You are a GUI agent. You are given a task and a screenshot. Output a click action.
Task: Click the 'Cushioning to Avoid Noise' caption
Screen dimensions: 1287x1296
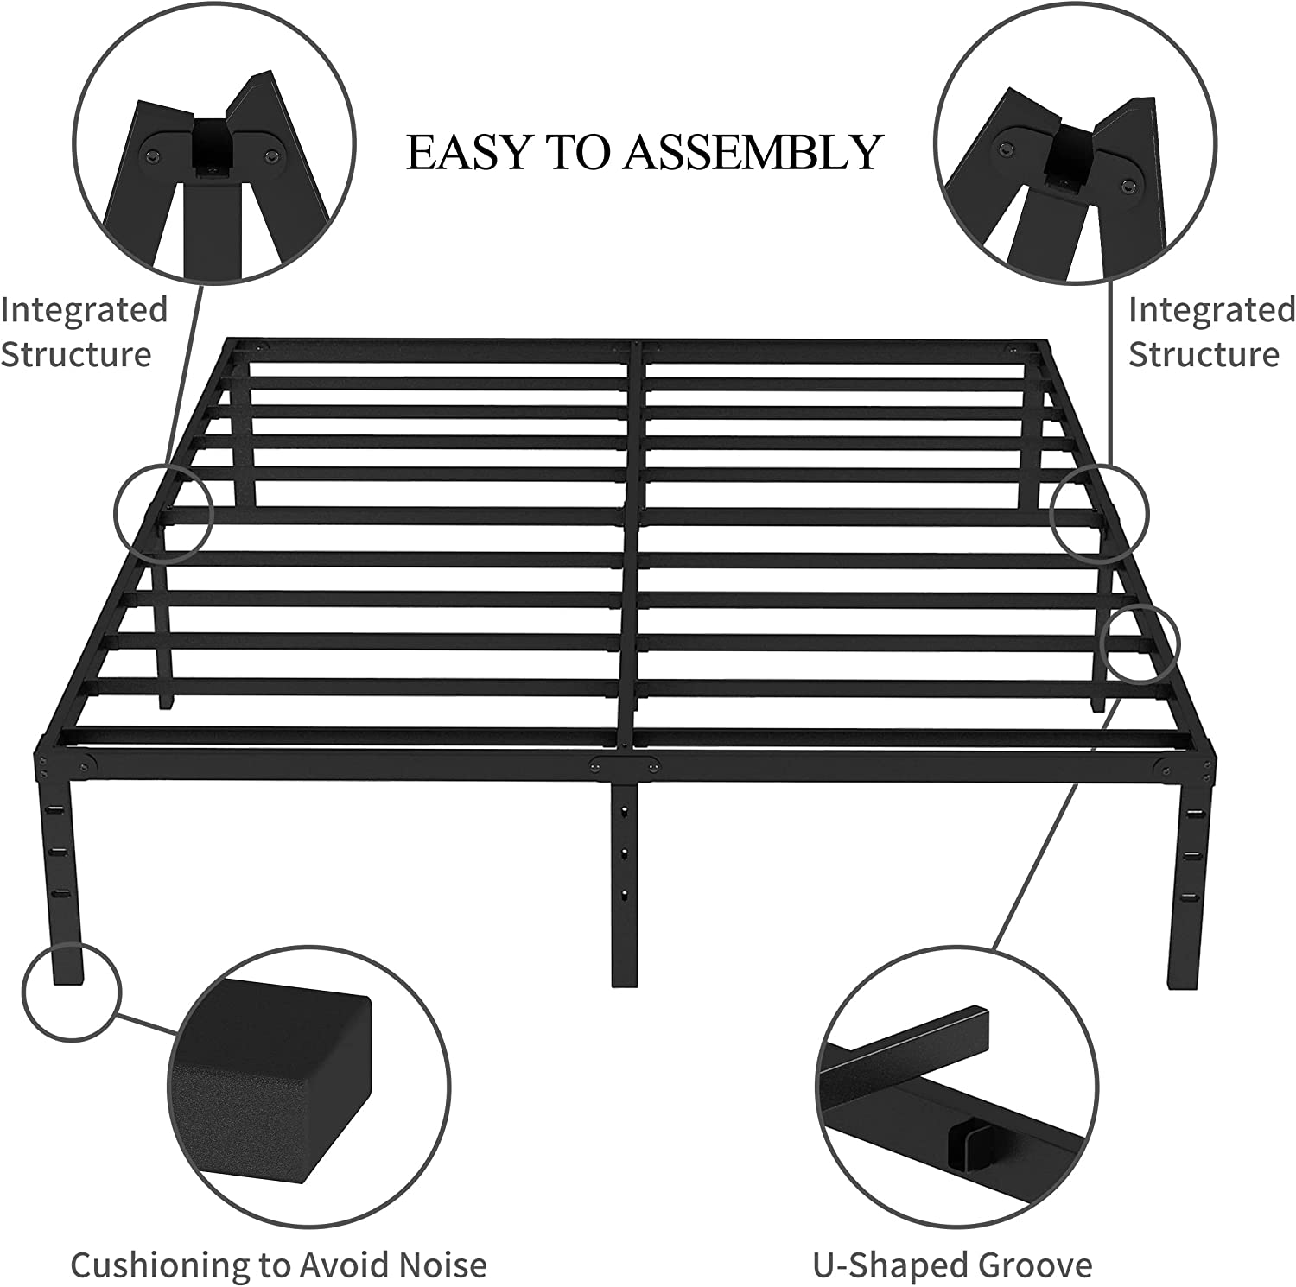pos(278,1265)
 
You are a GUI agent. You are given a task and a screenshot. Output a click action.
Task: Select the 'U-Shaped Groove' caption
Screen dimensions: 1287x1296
pos(952,1265)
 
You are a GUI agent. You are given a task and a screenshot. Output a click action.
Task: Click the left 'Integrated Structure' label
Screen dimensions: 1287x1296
pos(83,332)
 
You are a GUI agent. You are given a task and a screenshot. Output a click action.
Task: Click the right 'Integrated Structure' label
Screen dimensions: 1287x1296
pos(1211,332)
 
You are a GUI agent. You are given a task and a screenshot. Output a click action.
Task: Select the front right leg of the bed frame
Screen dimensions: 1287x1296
pos(1191,872)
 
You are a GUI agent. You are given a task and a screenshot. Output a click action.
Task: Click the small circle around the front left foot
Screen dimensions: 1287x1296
pos(71,992)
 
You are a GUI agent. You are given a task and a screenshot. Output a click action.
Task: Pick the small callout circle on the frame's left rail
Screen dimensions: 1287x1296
pos(163,512)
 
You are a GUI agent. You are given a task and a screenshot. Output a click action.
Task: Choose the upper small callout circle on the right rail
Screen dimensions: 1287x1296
pos(1099,513)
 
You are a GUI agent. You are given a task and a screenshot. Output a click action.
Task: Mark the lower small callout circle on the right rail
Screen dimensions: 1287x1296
pos(1140,643)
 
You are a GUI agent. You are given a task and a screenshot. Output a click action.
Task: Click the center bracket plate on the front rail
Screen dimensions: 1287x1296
pos(624,765)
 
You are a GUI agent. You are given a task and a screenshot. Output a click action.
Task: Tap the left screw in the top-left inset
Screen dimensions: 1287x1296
pos(153,155)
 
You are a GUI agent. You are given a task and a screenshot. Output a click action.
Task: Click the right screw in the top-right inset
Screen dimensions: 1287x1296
pos(1129,185)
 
